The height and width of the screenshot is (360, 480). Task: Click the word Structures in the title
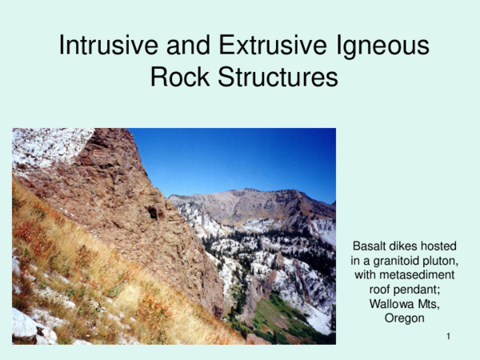280,78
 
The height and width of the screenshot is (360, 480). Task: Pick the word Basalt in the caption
370,247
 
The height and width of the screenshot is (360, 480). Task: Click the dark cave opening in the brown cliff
152,212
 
